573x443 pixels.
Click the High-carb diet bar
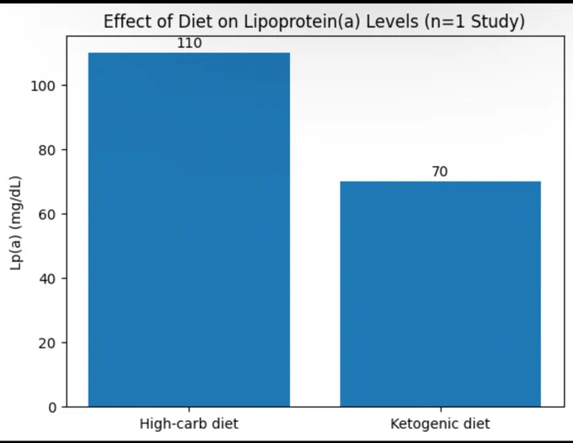click(190, 230)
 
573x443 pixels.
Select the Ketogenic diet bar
click(441, 294)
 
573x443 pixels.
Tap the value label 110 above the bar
click(190, 43)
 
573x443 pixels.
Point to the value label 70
click(440, 171)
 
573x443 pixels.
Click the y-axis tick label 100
click(43, 86)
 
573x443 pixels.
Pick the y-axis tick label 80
click(47, 150)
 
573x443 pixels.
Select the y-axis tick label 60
click(47, 214)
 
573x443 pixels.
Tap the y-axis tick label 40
click(47, 279)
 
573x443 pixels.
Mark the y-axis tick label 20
click(47, 343)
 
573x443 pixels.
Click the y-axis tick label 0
click(52, 408)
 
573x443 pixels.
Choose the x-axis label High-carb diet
click(189, 424)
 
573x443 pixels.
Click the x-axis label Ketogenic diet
click(440, 424)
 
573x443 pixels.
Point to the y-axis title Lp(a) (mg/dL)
click(16, 223)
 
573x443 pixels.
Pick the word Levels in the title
click(392, 22)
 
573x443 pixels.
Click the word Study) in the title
click(498, 22)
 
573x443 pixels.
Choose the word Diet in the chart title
click(195, 22)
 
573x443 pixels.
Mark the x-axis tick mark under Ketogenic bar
click(441, 409)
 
